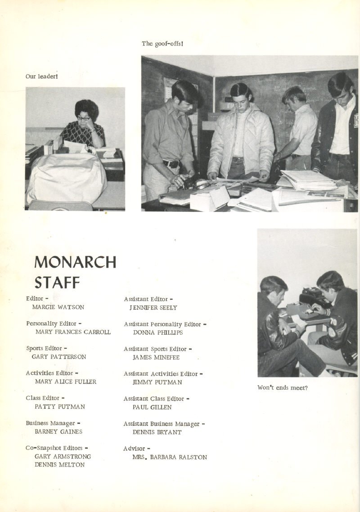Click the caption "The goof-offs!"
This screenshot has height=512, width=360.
pyautogui.click(x=162, y=44)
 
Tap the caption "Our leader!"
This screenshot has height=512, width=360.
pyautogui.click(x=41, y=76)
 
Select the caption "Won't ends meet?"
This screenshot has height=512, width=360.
pyautogui.click(x=283, y=387)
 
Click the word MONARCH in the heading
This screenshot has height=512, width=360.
pyautogui.click(x=75, y=262)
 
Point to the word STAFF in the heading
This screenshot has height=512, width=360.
pyautogui.click(x=57, y=283)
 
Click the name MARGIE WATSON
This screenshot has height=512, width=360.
pyautogui.click(x=58, y=307)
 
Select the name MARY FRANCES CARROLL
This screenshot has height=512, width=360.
pyautogui.click(x=72, y=332)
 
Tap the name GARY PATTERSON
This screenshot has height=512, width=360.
pyautogui.click(x=58, y=357)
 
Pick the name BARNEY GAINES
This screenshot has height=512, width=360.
pyautogui.click(x=58, y=431)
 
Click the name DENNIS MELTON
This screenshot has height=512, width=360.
pyautogui.click(x=59, y=465)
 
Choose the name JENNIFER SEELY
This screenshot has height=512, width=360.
pyautogui.click(x=153, y=308)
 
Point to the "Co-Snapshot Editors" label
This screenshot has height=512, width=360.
pyautogui.click(x=57, y=448)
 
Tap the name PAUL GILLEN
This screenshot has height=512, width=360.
pyautogui.click(x=152, y=407)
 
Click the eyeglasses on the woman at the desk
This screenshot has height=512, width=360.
pyautogui.click(x=83, y=118)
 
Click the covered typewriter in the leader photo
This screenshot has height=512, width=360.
pyautogui.click(x=66, y=178)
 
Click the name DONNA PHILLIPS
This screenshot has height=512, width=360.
pyautogui.click(x=158, y=332)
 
